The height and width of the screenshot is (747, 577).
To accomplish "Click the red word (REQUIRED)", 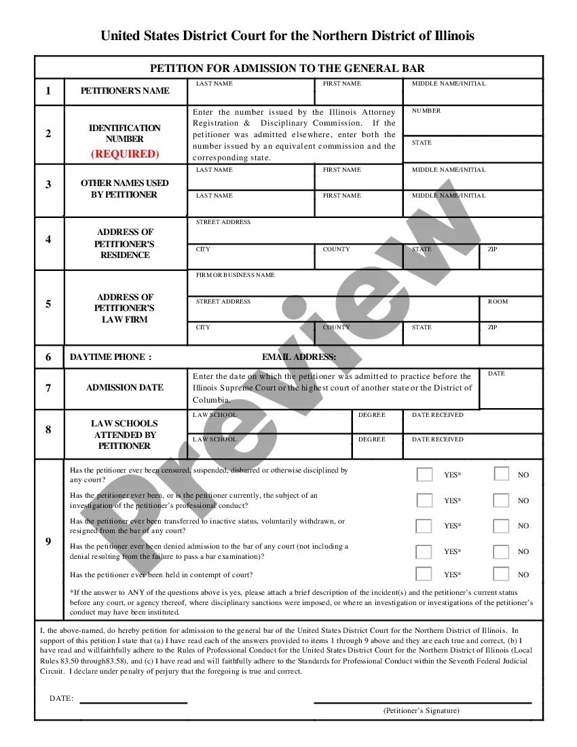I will pos(125,153).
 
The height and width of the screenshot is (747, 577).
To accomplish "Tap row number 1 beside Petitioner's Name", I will pos(48,90).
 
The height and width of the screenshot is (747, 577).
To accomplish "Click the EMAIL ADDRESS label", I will pos(299,357).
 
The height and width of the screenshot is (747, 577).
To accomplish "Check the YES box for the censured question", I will pos(424,474).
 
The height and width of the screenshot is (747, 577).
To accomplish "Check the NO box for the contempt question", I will pos(501,574).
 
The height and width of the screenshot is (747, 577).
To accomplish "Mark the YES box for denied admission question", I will pos(424,551).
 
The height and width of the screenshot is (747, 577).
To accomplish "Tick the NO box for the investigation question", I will pos(501,500).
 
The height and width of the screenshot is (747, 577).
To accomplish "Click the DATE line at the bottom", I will pos(133,699).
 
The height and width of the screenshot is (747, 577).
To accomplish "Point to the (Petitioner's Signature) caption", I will pos(421,710).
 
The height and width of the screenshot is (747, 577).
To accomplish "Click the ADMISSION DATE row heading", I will pos(125,388).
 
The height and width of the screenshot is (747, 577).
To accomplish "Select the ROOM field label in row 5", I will pos(498,302).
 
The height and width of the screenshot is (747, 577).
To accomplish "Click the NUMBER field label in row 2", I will pos(426,111).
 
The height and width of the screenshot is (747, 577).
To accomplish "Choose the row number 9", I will pos(48,541).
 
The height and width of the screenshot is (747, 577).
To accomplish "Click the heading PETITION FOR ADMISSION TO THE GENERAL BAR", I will pos(287,68).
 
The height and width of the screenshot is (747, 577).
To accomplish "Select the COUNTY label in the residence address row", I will pos(336,249).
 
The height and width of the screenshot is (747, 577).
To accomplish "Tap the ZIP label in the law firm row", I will pos(492,327).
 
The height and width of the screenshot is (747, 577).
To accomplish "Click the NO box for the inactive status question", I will pos(501,526).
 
